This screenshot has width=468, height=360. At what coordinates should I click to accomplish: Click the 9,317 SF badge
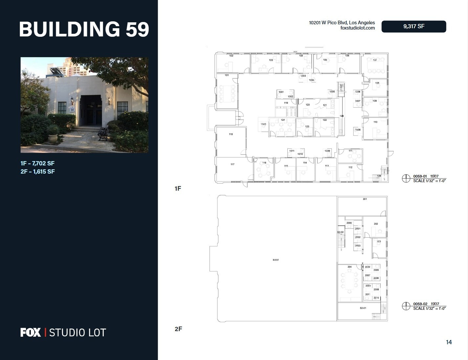[x=413, y=27]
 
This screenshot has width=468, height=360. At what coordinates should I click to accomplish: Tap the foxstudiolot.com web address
[x=358, y=28]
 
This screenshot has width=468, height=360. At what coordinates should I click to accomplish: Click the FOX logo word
[x=31, y=332]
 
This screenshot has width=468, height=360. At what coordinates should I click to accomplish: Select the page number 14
[x=449, y=342]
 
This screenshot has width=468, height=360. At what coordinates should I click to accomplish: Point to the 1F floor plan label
[x=178, y=188]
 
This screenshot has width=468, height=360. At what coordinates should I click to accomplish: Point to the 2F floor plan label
[x=178, y=329]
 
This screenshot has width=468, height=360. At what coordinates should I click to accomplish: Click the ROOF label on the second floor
[x=276, y=260]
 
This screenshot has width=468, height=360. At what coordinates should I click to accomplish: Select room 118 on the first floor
[x=231, y=134]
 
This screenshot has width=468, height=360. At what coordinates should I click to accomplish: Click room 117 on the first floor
[x=233, y=164]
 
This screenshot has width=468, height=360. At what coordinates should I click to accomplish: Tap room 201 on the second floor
[x=365, y=199]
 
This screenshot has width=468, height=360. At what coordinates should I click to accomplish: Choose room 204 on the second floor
[x=349, y=267]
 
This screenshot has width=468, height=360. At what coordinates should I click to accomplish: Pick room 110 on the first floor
[x=375, y=122]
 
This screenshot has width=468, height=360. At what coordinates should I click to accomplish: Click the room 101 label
[x=227, y=75]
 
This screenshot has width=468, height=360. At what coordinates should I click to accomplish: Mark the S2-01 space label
[x=363, y=308]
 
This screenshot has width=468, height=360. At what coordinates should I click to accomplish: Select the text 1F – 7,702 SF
[x=37, y=163]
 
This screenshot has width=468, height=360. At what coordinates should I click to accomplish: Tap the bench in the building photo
[x=103, y=134]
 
